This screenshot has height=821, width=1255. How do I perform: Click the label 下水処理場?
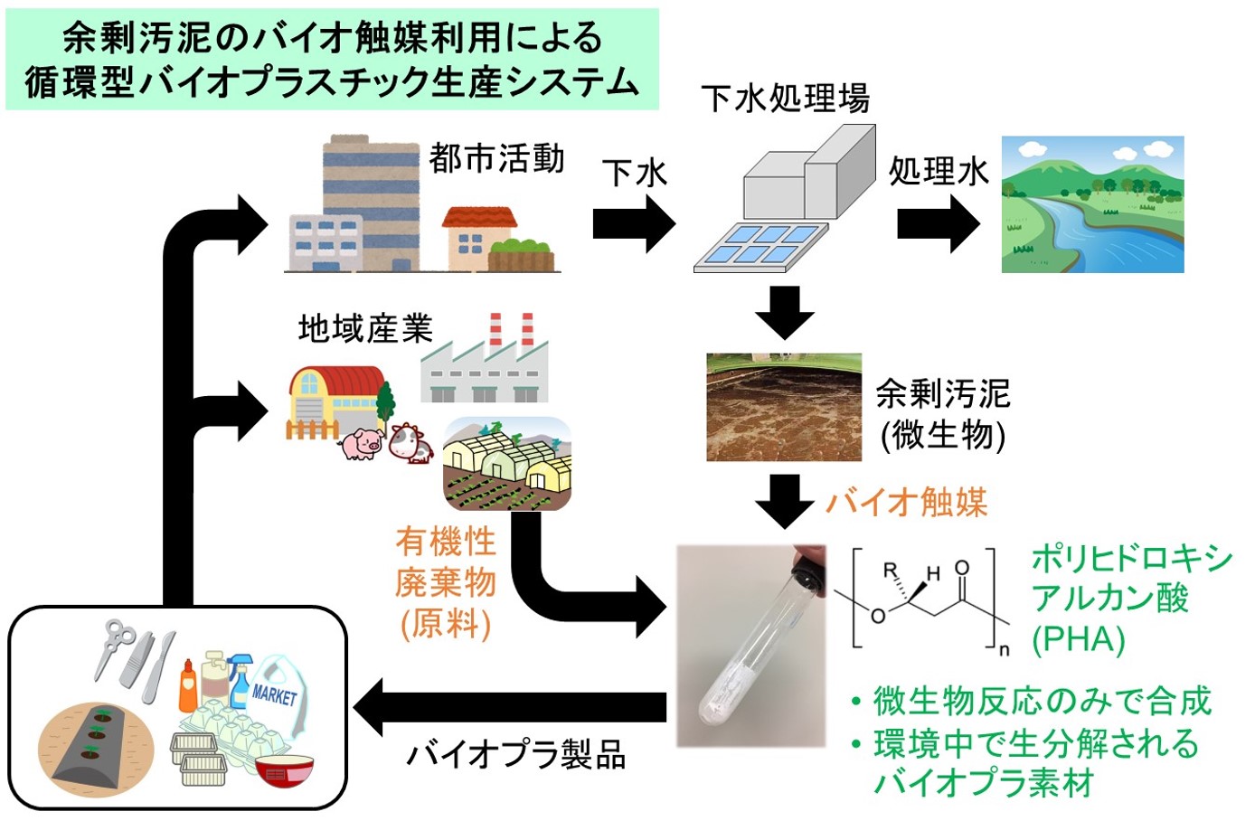(785, 98)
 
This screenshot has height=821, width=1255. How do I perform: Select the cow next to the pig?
(410, 442)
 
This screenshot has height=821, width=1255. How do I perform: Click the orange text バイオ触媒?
(906, 502)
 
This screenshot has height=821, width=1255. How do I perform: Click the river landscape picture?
(1092, 204)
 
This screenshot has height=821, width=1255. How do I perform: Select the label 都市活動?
(496, 159)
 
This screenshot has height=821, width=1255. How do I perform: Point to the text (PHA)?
(1078, 640)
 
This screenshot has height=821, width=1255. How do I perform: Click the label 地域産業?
(365, 328)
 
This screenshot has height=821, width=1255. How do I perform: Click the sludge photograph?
(784, 408)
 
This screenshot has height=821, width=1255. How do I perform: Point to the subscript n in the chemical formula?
(1004, 650)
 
